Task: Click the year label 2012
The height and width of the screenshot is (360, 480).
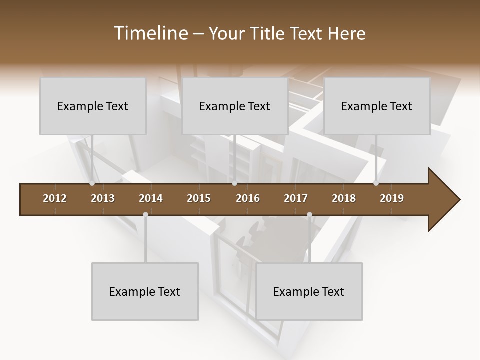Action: point(55,198)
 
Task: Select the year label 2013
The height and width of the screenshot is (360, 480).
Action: point(103,198)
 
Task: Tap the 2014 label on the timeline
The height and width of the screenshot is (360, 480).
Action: point(151,198)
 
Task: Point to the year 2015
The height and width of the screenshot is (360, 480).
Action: point(199,198)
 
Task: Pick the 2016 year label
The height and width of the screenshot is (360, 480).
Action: point(248,198)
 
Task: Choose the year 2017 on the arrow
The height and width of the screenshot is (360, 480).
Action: point(296,198)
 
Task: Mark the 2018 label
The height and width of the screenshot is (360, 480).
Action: point(344,198)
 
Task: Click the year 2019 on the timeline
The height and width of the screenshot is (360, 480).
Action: point(392,198)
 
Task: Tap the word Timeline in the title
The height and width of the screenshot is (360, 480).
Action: point(149,33)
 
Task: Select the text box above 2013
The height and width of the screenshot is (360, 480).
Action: point(93,106)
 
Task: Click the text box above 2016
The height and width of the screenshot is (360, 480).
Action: point(235,106)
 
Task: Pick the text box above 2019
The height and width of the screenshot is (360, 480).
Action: point(377,106)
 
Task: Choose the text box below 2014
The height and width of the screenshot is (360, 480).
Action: point(145,291)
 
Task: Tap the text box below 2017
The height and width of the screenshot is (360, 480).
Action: point(309,291)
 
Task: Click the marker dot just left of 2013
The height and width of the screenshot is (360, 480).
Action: point(92,183)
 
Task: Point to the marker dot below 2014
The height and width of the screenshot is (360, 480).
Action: point(145,215)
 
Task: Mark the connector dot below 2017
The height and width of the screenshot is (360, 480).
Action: point(309,215)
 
